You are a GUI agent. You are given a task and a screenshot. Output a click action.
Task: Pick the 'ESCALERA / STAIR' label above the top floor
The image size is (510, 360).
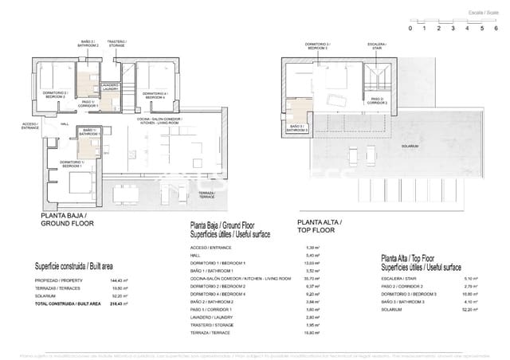coord(376,46)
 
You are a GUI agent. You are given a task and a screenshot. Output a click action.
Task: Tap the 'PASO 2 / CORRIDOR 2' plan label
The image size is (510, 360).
coord(376,101)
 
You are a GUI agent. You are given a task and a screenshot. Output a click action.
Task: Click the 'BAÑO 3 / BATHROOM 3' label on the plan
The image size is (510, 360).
coord(297,127)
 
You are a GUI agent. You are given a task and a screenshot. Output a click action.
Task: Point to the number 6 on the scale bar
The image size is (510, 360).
coord(496,28)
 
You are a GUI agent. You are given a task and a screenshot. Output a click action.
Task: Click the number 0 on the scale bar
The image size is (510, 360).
coord(410,28)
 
